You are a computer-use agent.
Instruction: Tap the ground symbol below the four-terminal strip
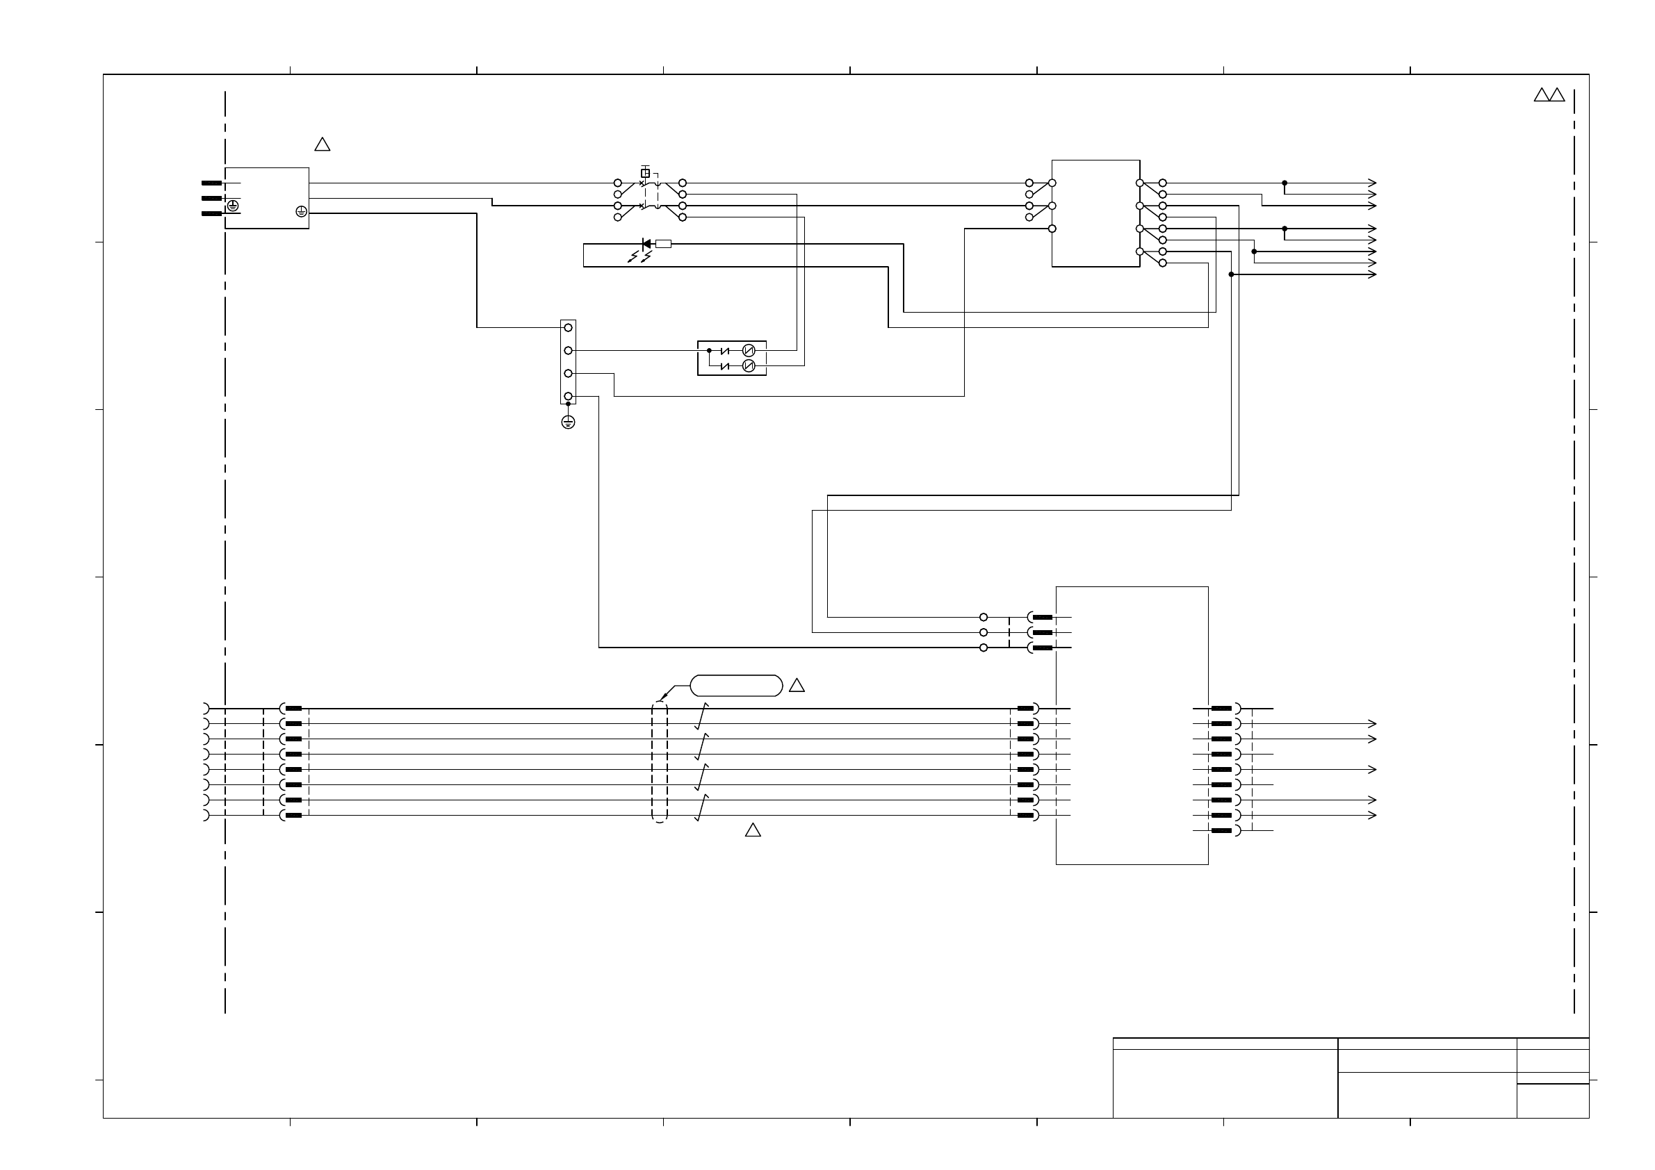coord(568,422)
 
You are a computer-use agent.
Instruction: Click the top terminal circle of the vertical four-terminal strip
coord(568,328)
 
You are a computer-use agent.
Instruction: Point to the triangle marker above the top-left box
coord(323,145)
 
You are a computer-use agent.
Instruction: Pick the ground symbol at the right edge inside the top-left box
coord(301,211)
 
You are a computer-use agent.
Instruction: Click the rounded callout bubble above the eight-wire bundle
coord(736,686)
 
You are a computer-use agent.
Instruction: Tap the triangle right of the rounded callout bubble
coord(797,686)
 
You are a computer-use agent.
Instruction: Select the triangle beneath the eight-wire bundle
coord(753,831)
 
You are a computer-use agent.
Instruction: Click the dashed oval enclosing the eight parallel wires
coord(660,762)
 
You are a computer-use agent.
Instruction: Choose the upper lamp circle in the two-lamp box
coord(748,351)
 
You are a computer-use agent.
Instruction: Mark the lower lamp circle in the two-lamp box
coord(748,366)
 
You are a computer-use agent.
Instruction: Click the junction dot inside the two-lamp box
coord(709,351)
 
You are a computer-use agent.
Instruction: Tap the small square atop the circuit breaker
coord(645,174)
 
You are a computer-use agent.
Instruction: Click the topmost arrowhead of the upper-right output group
coord(1371,183)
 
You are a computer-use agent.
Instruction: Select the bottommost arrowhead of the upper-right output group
coord(1371,274)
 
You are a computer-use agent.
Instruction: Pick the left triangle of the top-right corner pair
coord(1542,95)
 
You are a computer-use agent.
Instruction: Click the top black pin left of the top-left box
coord(211,183)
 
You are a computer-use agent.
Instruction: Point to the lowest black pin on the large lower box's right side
coord(1221,831)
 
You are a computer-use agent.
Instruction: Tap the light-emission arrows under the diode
coord(639,256)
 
